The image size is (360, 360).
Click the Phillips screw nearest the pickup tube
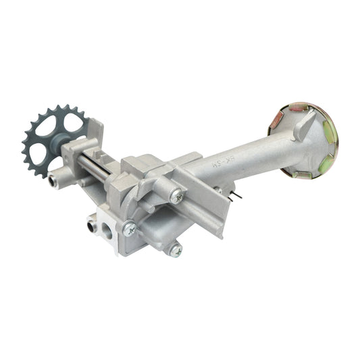coord(176,196)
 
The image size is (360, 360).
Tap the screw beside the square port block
coord(129,228)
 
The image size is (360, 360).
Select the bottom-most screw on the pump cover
coord(174,250)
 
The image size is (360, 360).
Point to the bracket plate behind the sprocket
coord(95,135)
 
